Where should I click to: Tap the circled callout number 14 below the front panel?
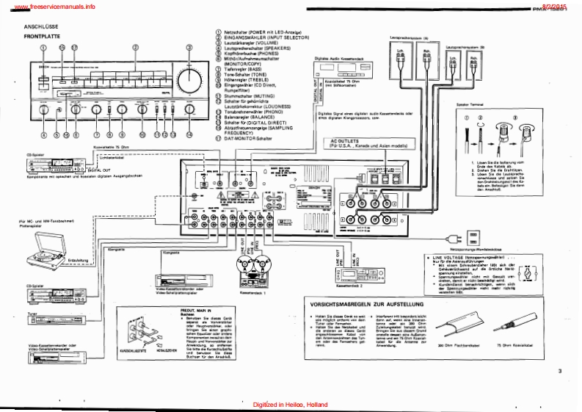tap(189, 135)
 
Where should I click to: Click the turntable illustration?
tap(55, 253)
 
